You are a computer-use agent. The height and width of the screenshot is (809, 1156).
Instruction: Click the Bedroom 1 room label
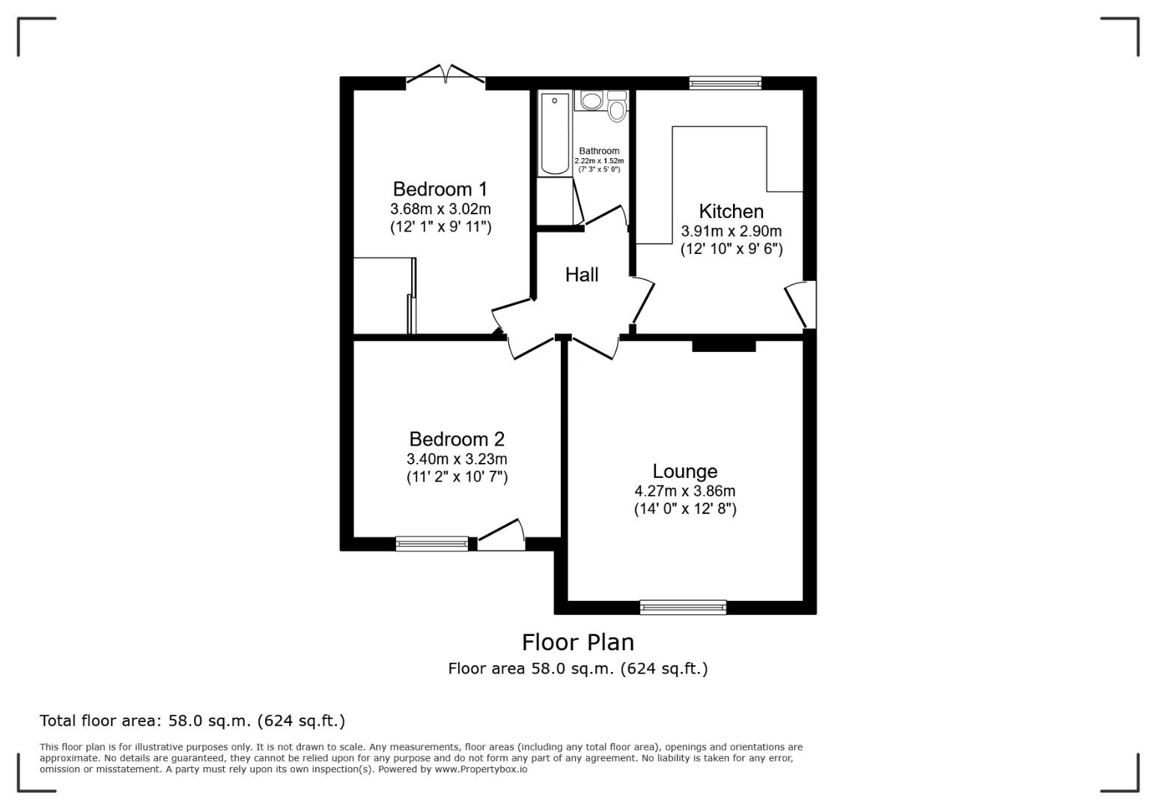tap(440, 189)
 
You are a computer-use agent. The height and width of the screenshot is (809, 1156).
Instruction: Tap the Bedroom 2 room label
tap(457, 439)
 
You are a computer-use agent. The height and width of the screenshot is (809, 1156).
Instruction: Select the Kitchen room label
tap(731, 211)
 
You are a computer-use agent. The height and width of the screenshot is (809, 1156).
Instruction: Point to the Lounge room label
tap(684, 471)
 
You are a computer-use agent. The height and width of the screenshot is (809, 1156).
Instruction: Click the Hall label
tap(582, 275)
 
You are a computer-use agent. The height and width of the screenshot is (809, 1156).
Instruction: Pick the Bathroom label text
tap(599, 151)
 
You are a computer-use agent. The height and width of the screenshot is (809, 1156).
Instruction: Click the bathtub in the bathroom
tap(555, 133)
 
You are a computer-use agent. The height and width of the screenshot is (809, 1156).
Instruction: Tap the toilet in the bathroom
tap(617, 108)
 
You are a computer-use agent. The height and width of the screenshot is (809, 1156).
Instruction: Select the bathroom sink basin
tap(591, 100)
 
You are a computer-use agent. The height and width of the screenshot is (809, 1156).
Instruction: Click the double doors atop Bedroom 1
tap(445, 76)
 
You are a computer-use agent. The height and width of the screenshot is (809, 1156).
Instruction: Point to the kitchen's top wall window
tap(725, 83)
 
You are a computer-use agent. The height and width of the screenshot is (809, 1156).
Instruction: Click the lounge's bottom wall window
tap(683, 607)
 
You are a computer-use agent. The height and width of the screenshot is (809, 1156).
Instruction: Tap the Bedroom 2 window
tap(432, 544)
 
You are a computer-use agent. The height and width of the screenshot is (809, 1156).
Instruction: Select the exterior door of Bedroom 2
tap(501, 536)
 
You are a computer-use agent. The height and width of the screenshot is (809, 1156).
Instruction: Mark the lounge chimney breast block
tap(723, 345)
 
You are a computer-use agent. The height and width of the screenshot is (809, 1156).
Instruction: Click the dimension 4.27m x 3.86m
tap(684, 491)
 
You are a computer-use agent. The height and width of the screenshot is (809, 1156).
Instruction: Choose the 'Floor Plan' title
tap(577, 642)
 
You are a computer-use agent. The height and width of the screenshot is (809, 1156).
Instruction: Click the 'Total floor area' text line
tap(192, 721)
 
